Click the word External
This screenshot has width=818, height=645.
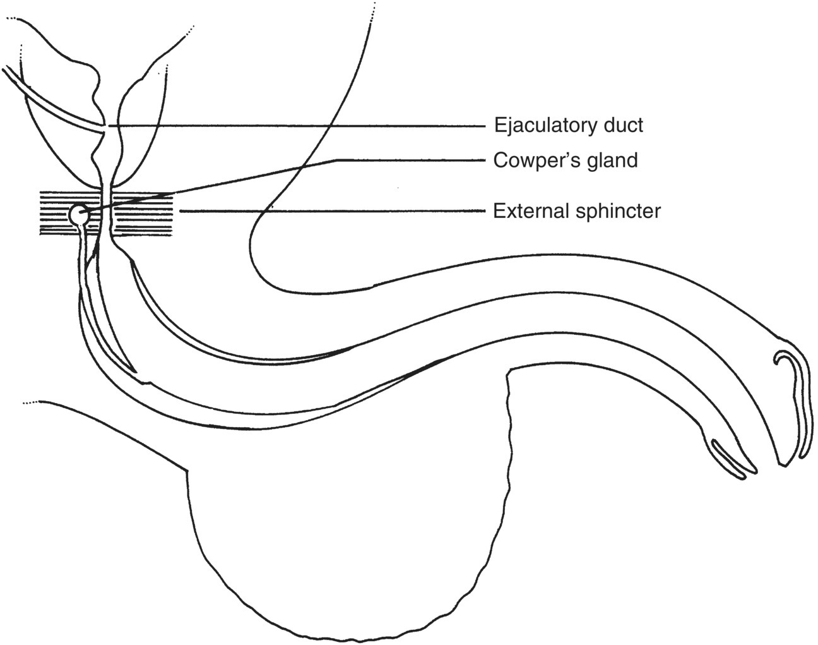click(x=531, y=210)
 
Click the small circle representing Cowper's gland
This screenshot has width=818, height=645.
click(x=78, y=215)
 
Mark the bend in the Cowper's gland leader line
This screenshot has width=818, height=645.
click(x=335, y=160)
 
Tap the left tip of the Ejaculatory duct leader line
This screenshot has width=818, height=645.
click(x=109, y=126)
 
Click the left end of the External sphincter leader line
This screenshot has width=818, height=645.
click(x=181, y=210)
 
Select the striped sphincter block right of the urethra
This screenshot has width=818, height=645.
click(x=142, y=213)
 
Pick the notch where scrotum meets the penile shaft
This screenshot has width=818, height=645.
click(x=509, y=374)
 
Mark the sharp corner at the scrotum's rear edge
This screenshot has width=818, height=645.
click(x=187, y=470)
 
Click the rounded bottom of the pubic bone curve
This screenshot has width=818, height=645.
click(x=265, y=278)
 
